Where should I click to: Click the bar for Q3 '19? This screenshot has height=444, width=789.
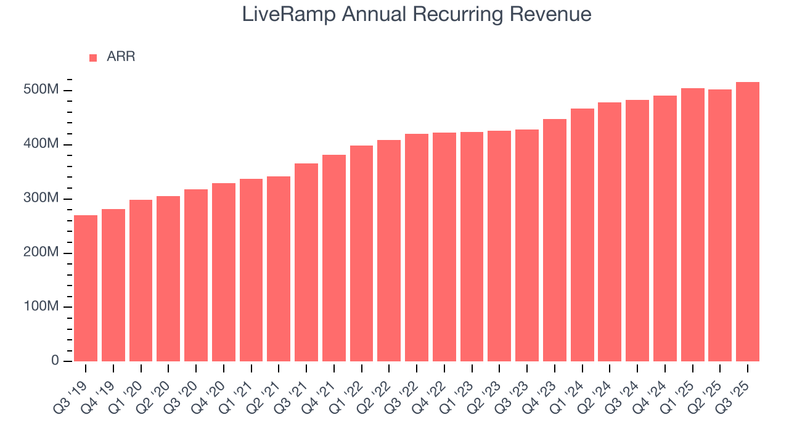(x=86, y=288)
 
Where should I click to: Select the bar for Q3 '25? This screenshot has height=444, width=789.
(x=748, y=221)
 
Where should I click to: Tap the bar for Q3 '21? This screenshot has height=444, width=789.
(x=306, y=262)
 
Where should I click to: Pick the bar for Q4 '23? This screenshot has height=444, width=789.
(x=555, y=240)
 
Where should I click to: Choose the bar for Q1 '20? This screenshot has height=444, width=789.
(x=141, y=281)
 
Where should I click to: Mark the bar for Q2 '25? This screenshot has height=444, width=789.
(x=720, y=225)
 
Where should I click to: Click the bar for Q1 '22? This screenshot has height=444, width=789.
(x=361, y=253)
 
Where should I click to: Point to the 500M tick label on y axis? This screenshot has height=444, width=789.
(x=45, y=91)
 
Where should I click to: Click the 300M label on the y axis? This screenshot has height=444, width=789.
(x=45, y=199)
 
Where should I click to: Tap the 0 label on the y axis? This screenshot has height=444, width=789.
(x=55, y=361)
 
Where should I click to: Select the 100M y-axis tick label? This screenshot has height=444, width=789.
(x=45, y=307)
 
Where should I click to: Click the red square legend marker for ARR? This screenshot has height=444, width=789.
(x=93, y=57)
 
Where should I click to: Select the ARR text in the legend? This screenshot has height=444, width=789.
(x=121, y=57)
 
